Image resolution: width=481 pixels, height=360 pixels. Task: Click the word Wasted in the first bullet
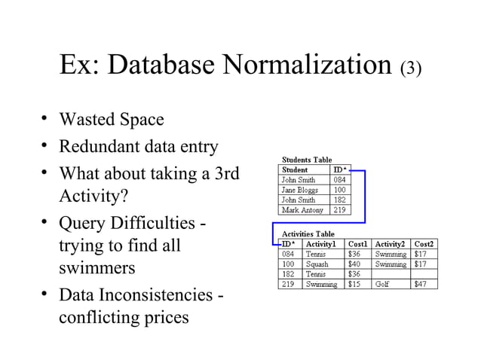[x=86, y=120]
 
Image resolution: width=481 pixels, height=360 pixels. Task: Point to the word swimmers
[x=96, y=269]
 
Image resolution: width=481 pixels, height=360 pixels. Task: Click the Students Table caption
[x=307, y=160]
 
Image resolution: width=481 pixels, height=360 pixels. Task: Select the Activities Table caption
[x=308, y=234]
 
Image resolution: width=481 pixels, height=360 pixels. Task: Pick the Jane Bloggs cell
[x=299, y=190]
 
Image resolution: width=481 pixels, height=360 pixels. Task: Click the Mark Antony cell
[x=302, y=209]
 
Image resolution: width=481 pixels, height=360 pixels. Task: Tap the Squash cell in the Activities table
[x=317, y=264]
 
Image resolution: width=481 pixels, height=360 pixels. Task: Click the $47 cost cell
[x=421, y=284]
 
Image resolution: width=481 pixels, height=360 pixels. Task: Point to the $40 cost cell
[x=354, y=264]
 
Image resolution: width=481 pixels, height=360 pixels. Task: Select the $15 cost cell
[x=354, y=284]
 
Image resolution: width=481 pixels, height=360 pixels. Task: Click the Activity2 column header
[x=391, y=244]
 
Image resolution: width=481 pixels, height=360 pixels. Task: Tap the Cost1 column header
[x=357, y=244]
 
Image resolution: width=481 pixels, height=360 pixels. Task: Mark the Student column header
[x=295, y=170]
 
